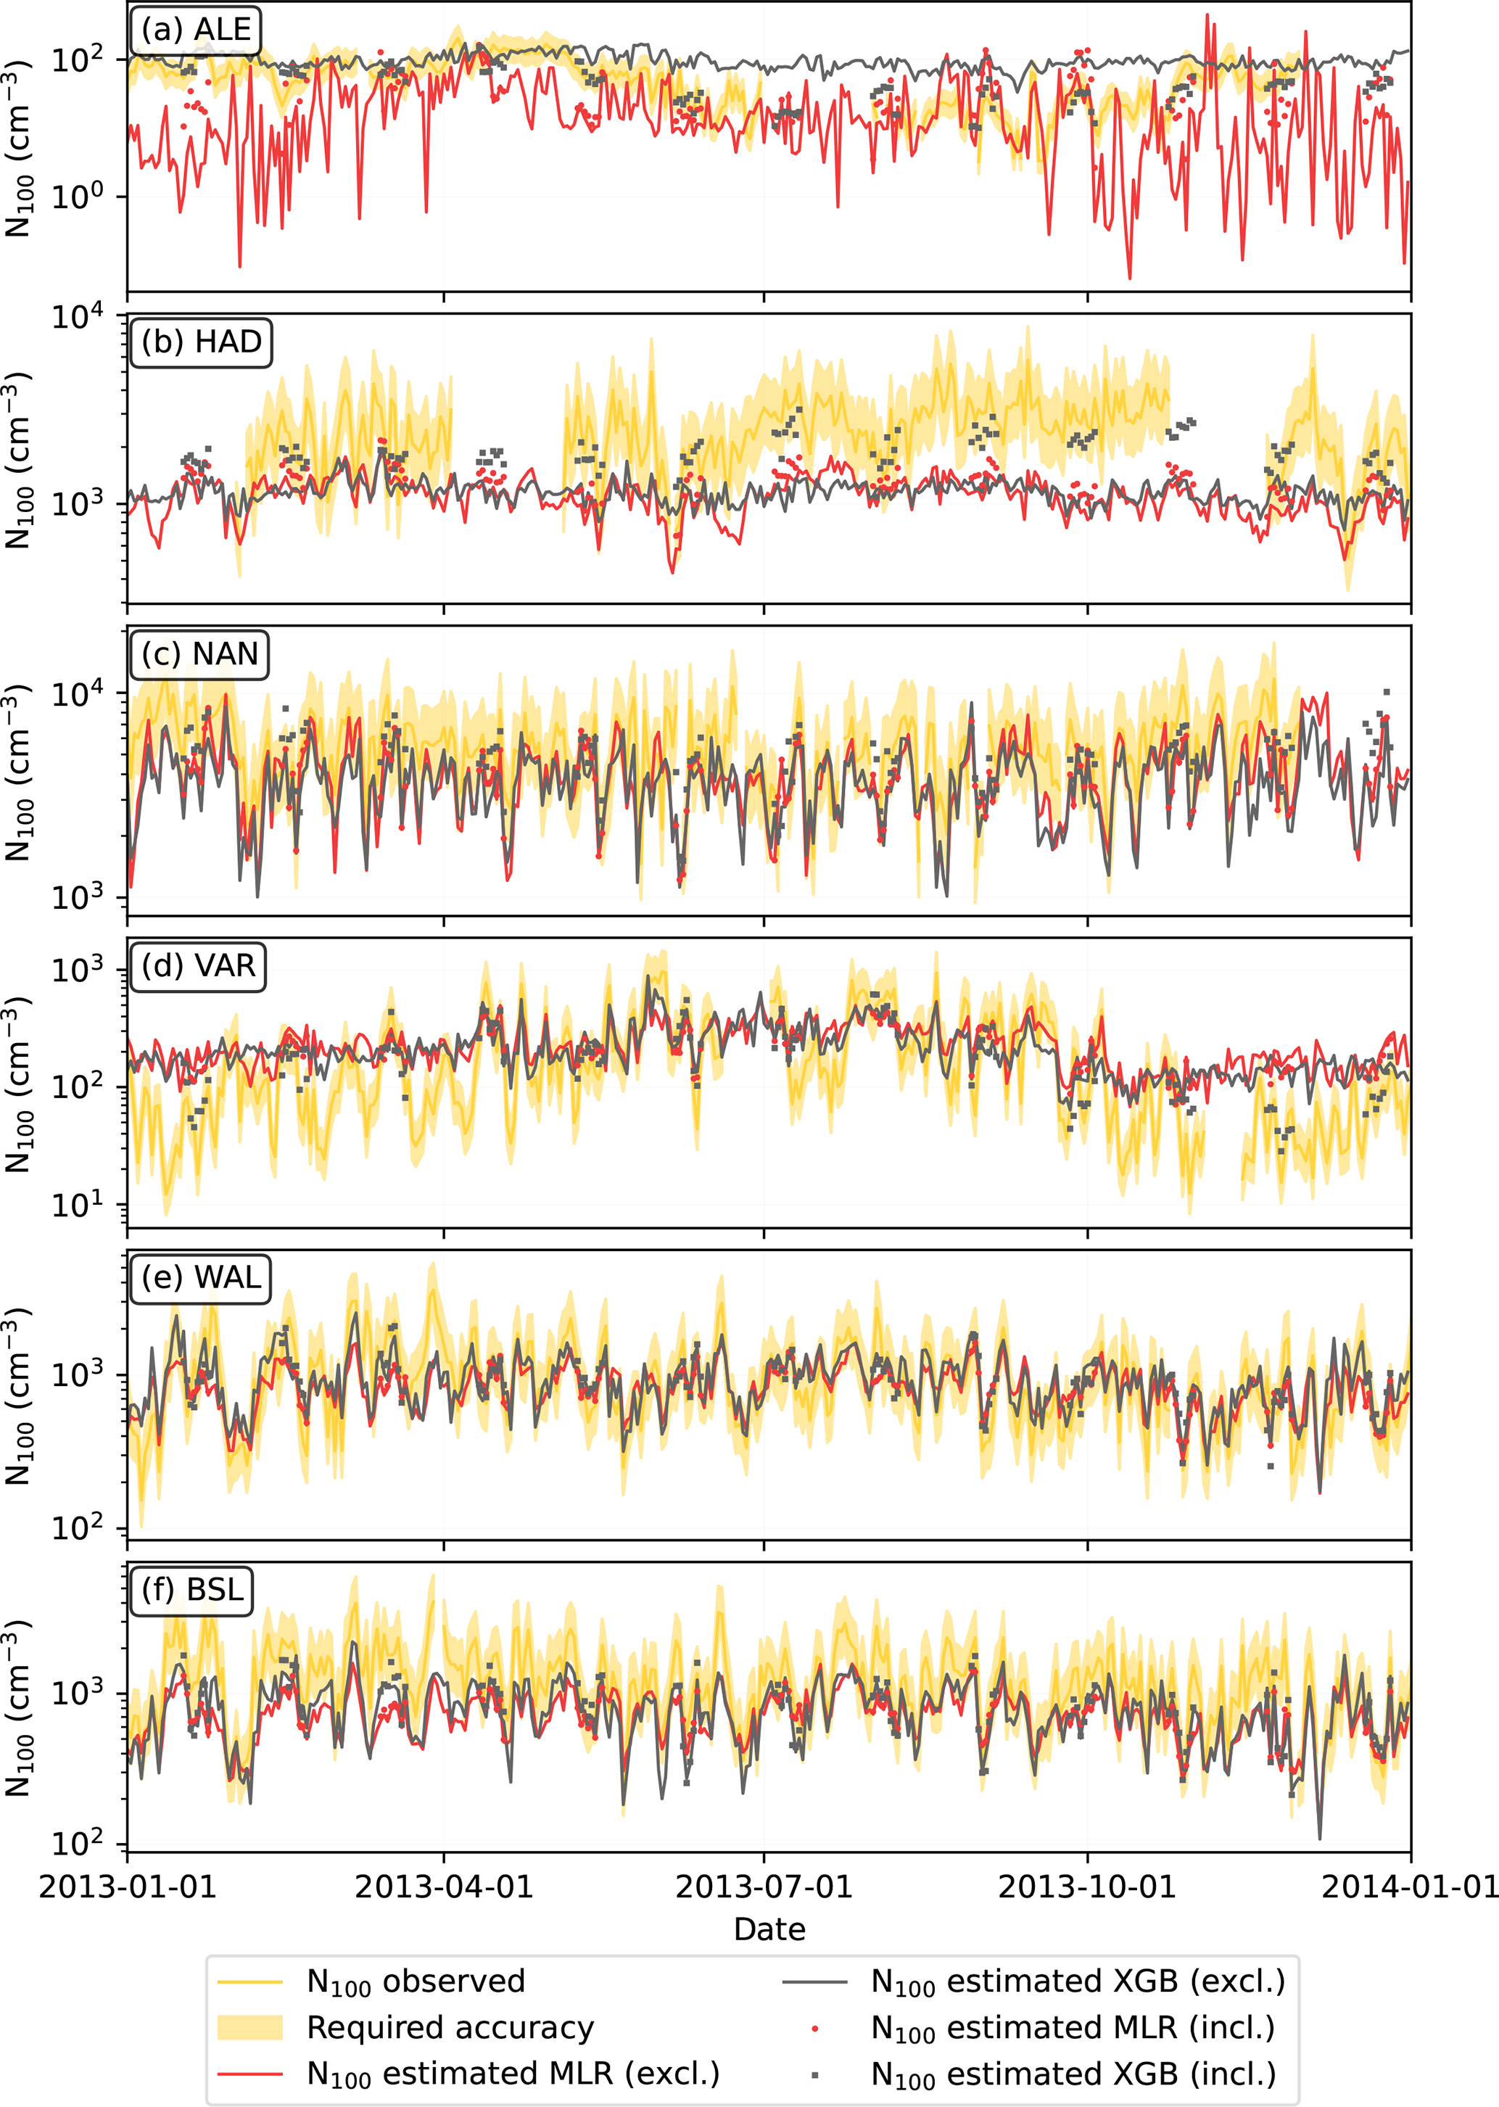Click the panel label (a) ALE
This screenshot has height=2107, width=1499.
(196, 30)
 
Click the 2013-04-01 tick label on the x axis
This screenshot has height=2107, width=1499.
(444, 1887)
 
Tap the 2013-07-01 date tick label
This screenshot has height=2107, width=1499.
(764, 1887)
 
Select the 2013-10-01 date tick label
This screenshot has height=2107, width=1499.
(1087, 1887)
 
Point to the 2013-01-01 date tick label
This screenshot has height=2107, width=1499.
(128, 1887)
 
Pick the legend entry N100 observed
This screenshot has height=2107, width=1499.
(416, 1982)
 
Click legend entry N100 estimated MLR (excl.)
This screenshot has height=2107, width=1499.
(512, 2074)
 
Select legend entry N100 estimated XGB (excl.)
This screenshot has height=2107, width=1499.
(1077, 1982)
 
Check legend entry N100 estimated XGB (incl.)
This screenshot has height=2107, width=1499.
(1073, 2074)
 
